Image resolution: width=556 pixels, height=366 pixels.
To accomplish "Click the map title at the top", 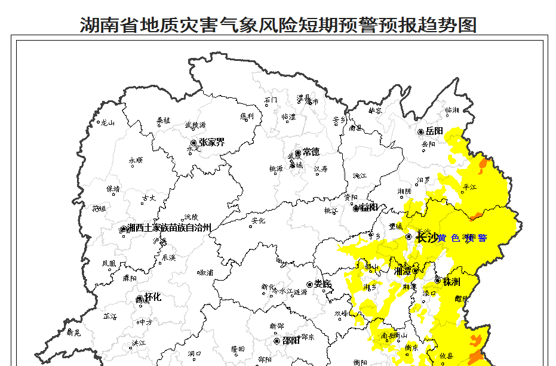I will [x=278, y=24].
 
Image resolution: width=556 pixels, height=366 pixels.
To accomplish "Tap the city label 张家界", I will [x=211, y=142].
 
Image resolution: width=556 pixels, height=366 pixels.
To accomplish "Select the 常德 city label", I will [x=311, y=152].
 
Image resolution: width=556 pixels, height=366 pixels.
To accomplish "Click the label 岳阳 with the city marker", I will [x=434, y=131].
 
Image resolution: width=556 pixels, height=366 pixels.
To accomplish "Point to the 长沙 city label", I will [x=426, y=238].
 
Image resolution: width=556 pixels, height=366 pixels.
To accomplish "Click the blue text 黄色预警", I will [x=462, y=238].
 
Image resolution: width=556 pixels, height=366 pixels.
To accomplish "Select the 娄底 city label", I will [x=322, y=284].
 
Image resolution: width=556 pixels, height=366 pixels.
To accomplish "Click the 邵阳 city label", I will [x=291, y=341].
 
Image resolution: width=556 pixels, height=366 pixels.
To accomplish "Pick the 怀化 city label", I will [x=153, y=297].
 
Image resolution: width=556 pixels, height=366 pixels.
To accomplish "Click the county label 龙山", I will [x=107, y=123].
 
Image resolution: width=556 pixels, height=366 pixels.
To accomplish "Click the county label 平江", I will [x=470, y=187].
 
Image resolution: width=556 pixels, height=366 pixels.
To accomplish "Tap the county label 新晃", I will [x=73, y=333].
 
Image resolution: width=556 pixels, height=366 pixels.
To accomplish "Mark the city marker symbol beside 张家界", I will [x=193, y=143].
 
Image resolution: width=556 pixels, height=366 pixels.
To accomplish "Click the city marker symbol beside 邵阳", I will [x=277, y=341].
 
